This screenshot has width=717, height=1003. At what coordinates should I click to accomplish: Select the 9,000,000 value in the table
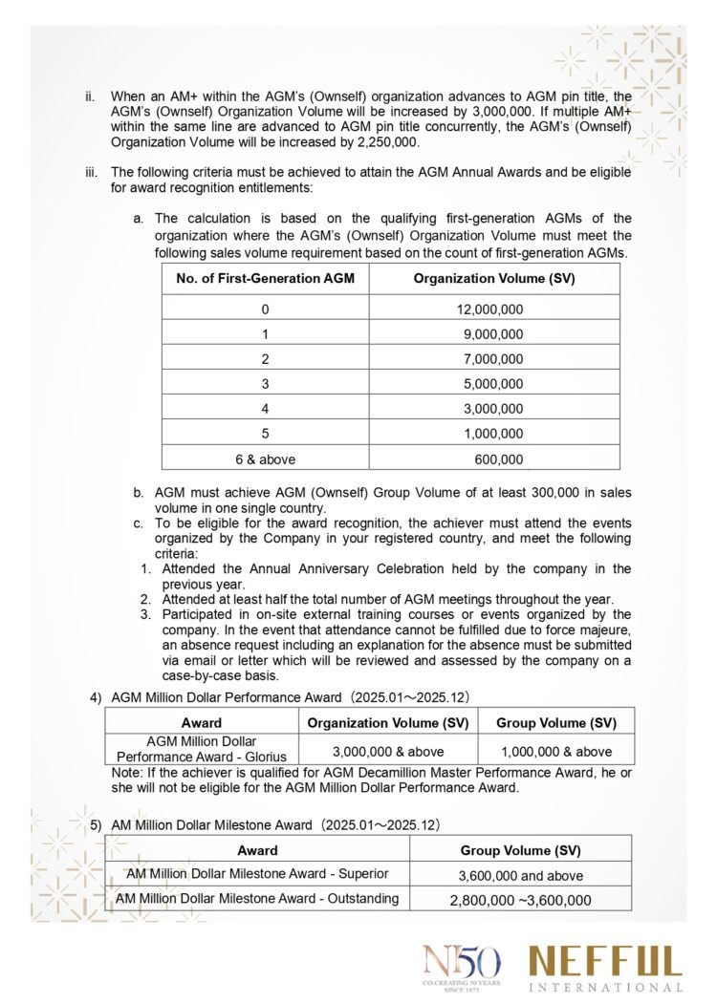[x=493, y=334]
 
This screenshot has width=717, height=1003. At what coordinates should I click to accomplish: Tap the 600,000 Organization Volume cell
[x=499, y=459]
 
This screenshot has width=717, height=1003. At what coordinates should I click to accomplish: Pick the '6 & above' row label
[x=265, y=459]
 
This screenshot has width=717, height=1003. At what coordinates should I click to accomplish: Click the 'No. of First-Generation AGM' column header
[x=265, y=278]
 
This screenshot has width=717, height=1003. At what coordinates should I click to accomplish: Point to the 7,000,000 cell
[x=493, y=359]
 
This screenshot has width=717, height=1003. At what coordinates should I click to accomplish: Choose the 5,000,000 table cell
[x=493, y=384]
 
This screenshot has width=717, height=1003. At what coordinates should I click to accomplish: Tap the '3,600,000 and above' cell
[x=521, y=875]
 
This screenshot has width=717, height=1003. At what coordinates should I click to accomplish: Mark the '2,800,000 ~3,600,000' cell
[x=521, y=900]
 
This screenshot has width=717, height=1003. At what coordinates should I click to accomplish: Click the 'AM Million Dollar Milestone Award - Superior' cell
[x=257, y=873]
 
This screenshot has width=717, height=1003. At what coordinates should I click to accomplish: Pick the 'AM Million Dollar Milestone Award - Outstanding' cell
[x=257, y=898]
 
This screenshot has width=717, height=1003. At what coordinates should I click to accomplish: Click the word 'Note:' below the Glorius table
[x=127, y=772]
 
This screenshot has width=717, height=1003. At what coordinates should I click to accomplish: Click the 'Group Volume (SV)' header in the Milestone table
[x=521, y=849]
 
